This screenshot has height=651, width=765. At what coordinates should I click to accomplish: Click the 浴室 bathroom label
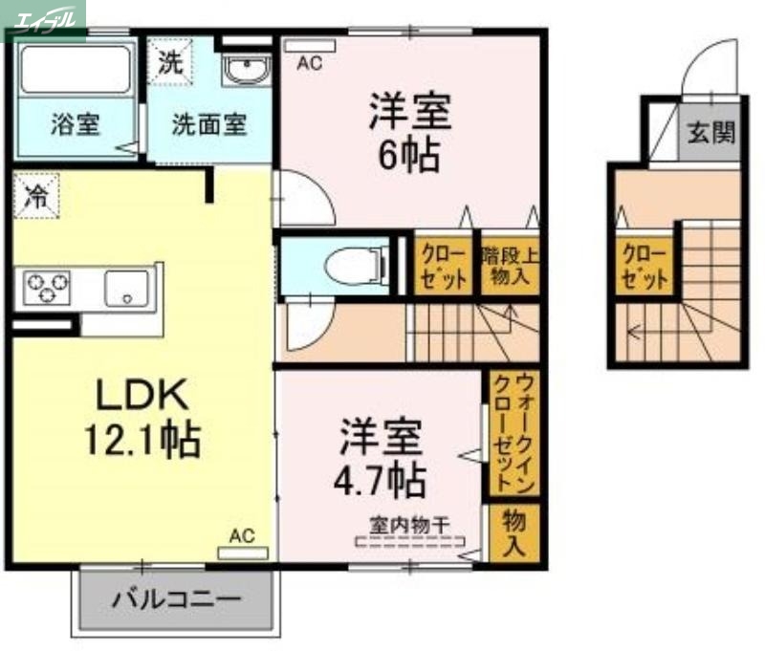point(76,124)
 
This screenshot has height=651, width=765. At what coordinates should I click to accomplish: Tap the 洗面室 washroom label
point(209,124)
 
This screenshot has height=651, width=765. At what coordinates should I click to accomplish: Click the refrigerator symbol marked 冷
point(35,198)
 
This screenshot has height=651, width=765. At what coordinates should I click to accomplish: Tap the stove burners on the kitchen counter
point(48,287)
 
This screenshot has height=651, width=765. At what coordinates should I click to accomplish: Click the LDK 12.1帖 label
point(143,416)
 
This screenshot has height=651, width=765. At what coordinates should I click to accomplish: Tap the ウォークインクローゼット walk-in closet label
point(513,434)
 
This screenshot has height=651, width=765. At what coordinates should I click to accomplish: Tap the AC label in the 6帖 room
point(309,63)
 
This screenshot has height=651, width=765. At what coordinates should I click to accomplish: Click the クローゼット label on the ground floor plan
point(643,266)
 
